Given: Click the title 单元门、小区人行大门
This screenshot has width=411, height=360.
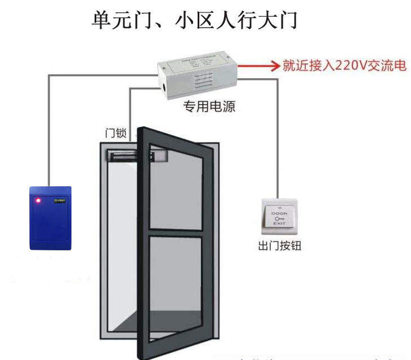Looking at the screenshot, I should pos(194,21).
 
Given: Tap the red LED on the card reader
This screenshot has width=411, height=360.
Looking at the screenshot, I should pos(38,200).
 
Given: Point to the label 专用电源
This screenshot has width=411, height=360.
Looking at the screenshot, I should pos(209,107).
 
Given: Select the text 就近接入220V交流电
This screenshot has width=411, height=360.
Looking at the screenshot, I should pos(344,66).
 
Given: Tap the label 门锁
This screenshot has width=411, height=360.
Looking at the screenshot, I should pos(116,133).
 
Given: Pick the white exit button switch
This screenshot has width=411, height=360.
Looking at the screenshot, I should pos(280,217).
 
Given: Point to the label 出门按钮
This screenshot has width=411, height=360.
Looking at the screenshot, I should pos(280,246).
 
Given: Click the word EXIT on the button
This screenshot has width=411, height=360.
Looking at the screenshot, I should pos(280,224).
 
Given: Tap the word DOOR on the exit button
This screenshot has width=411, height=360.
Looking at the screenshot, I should pos(280,214).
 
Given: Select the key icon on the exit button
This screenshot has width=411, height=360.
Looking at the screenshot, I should pos(280,219).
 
